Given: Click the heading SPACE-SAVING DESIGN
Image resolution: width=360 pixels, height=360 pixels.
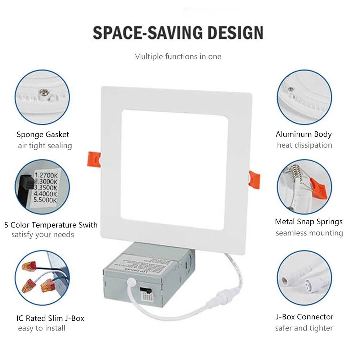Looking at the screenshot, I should click(x=178, y=33).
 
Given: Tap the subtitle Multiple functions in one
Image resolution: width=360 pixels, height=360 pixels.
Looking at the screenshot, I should click(x=177, y=57).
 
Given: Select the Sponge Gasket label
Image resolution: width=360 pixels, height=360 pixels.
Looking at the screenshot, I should click(x=43, y=135).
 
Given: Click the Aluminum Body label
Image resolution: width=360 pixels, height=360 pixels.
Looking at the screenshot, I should click(x=303, y=134).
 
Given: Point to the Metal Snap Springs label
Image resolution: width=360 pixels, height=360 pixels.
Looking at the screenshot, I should click(x=309, y=222).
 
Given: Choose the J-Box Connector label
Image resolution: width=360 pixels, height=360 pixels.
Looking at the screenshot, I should click(x=304, y=317).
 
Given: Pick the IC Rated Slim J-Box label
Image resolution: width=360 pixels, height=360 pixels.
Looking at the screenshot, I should click(x=50, y=318).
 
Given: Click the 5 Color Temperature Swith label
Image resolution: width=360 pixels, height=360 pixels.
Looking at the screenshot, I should click(x=51, y=225).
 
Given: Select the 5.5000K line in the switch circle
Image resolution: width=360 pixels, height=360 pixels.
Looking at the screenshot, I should click(x=45, y=200).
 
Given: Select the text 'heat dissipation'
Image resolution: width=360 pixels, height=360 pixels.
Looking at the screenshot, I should click(x=304, y=145).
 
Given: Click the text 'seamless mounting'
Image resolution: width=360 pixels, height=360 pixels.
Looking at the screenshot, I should click(x=309, y=233).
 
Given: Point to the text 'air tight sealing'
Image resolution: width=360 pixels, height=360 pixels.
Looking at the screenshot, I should click(x=45, y=146).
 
